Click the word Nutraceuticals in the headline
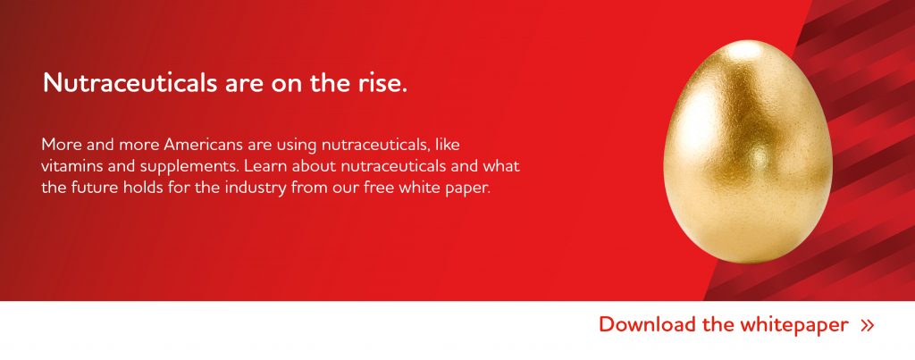pos(130,83)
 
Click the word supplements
pos(189,167)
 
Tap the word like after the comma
pos(448,145)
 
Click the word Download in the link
pos(648,324)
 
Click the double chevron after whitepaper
pos(868,325)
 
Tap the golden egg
pos(748,152)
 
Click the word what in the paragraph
pos(501,166)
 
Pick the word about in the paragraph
pos(314,166)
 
